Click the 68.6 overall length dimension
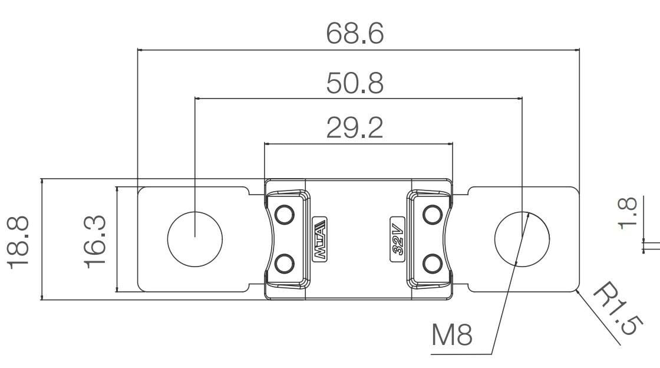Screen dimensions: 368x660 click(x=355, y=34)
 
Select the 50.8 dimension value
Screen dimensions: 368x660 click(x=355, y=83)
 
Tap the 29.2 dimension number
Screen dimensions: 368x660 click(x=355, y=128)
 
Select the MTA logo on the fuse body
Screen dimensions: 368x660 click(x=320, y=239)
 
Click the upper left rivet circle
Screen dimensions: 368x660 click(x=285, y=214)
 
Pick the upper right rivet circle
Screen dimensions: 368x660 click(x=433, y=214)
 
